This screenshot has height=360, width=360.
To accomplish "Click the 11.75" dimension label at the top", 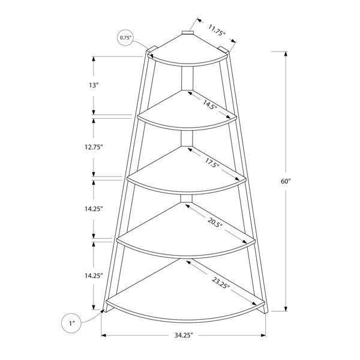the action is [217, 30].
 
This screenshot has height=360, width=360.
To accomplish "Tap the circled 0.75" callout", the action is [125, 38].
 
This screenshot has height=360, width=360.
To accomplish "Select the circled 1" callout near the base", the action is [72, 323].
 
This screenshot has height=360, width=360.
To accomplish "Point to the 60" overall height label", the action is [286, 181].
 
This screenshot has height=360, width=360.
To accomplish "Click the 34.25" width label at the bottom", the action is [183, 335].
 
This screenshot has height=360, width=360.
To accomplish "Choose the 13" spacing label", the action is [94, 85].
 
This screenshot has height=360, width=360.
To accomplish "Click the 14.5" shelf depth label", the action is [209, 104].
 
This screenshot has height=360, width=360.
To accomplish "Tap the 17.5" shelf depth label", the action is [212, 163].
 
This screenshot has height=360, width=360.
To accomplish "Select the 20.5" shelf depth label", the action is [215, 222].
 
